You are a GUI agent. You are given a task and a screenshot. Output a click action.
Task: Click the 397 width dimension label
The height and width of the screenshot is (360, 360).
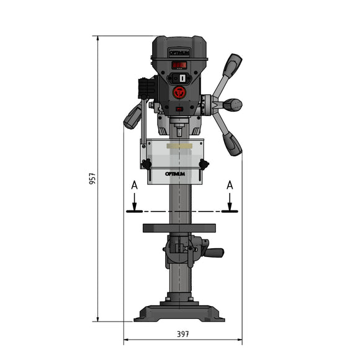coord(182,334)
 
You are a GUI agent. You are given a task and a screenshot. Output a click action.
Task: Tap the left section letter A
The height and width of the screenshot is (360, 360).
coord(133,185)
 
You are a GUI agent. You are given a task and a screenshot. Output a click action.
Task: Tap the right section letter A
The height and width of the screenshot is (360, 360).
coord(230,185)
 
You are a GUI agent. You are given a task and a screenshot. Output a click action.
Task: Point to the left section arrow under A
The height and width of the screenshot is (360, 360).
coord(133,202)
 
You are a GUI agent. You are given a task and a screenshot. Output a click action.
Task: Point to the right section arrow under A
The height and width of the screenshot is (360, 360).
coord(230,202)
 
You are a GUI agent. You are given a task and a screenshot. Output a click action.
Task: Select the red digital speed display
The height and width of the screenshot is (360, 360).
coord(179,65)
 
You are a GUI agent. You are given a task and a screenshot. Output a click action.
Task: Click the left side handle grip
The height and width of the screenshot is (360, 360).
coord(132,117)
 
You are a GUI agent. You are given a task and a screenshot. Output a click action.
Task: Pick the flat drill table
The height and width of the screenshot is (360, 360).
coord(179,228)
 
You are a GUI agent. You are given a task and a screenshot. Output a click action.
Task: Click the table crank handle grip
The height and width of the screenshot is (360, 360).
coord(215,252)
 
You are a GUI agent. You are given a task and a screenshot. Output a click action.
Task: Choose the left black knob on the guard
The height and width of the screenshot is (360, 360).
coord(146,164)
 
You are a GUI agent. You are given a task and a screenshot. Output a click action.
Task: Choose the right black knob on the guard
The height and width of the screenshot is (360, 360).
coord(204,164)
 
